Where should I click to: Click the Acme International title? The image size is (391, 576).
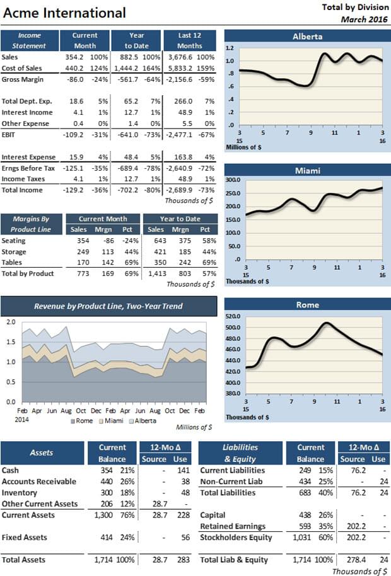tap(65, 13)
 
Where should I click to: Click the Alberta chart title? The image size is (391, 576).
tap(307, 37)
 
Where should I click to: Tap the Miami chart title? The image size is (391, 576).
tap(307, 171)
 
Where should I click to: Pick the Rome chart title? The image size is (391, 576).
tap(307, 305)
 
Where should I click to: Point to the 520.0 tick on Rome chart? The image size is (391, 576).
tap(234, 316)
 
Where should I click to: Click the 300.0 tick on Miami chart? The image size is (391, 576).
tap(234, 180)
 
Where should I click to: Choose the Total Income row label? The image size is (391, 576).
tap(22, 190)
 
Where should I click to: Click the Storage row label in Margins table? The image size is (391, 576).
tap(15, 251)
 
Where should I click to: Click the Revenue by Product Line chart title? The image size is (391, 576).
tap(108, 306)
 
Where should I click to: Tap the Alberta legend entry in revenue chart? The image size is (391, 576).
tap(144, 420)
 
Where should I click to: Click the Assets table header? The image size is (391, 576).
tap(42, 452)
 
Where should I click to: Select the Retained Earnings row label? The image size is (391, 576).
tap(234, 526)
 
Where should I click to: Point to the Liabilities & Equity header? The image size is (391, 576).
tap(241, 452)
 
